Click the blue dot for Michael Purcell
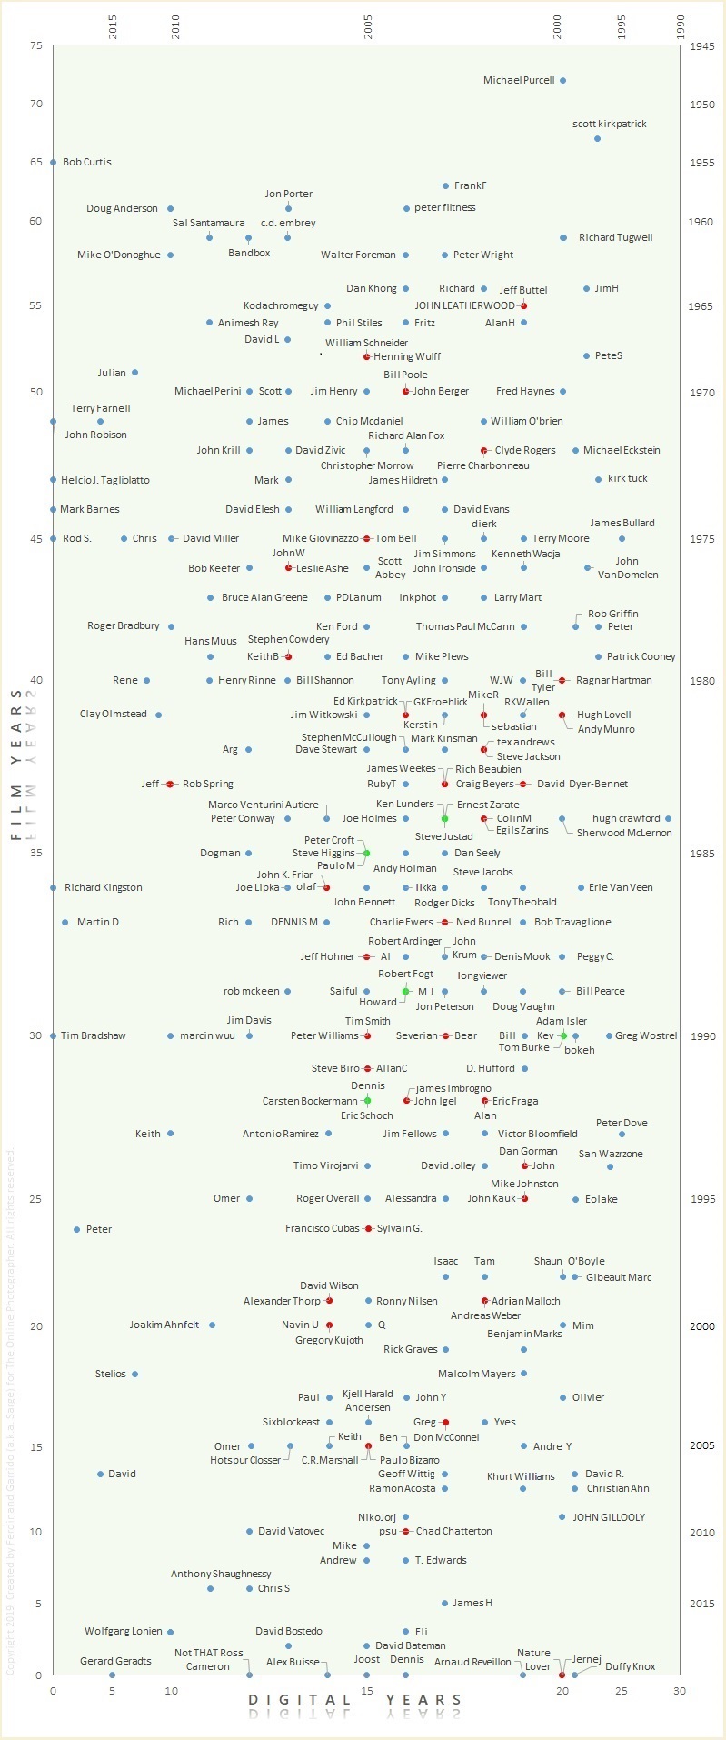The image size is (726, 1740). (x=562, y=81)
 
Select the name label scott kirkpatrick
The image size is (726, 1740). (x=610, y=124)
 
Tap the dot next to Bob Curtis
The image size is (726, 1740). (x=53, y=163)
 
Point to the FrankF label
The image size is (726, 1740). (x=470, y=185)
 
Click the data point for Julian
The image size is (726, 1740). (x=134, y=373)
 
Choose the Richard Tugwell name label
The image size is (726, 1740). (x=615, y=238)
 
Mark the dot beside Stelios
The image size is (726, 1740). (x=134, y=1375)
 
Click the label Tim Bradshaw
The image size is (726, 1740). (x=93, y=1036)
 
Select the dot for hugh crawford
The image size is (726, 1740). (x=668, y=819)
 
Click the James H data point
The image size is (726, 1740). (x=444, y=1604)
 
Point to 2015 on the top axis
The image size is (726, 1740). (x=113, y=28)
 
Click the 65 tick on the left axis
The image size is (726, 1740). (x=36, y=163)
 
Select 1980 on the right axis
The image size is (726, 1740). (x=701, y=681)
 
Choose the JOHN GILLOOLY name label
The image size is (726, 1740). (x=608, y=1517)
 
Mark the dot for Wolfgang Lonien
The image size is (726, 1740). (x=170, y=1633)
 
